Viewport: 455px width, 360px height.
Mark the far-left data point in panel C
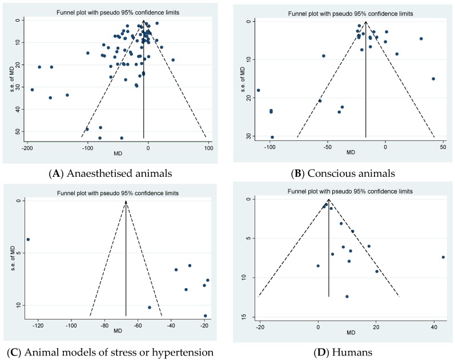(x=28, y=239)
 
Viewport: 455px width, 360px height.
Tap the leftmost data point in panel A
(x=32, y=90)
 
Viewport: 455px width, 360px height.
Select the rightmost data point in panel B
(x=433, y=79)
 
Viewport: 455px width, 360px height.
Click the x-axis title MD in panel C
(x=118, y=331)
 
